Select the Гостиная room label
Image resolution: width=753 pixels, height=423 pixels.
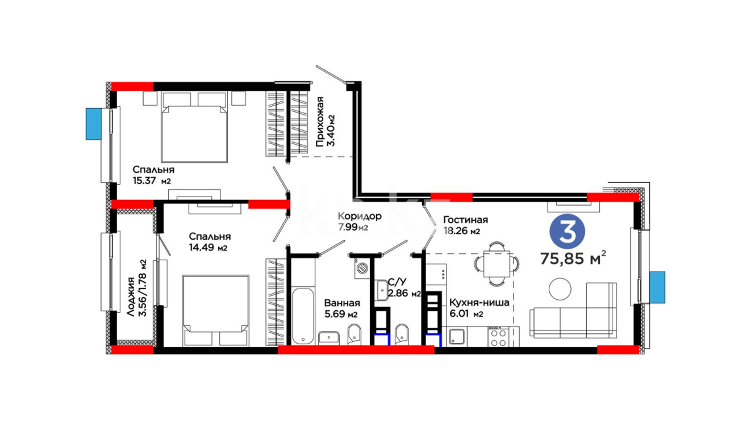(466, 220)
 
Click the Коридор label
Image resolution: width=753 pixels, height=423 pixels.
(359, 216)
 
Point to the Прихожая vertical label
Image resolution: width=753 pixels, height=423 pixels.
(320, 121)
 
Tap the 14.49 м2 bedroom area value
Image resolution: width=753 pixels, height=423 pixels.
(208, 248)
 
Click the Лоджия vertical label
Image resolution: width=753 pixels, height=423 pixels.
(131, 297)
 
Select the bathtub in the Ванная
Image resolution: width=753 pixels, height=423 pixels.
(303, 316)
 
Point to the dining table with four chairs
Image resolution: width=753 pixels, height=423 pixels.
(497, 264)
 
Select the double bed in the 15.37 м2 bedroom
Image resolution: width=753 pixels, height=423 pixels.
(195, 127)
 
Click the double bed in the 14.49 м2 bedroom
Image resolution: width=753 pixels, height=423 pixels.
(216, 311)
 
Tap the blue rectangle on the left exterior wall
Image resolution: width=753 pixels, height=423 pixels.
(94, 124)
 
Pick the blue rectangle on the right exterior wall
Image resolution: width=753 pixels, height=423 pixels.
(657, 287)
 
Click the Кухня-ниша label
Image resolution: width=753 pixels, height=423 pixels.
(479, 303)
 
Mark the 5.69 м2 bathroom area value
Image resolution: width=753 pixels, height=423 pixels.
(341, 314)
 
